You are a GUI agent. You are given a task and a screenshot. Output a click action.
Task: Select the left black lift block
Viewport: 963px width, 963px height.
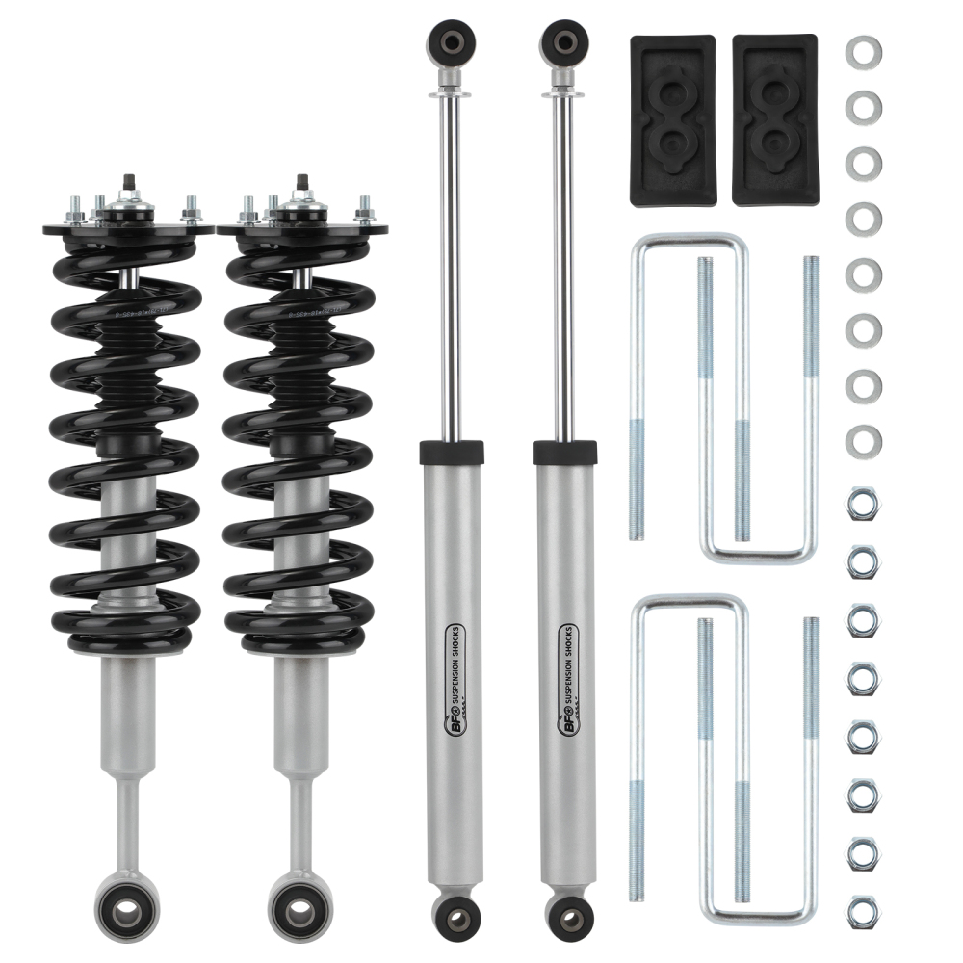(x=673, y=120)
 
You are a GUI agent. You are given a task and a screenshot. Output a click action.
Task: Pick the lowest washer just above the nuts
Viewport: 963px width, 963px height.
(x=863, y=443)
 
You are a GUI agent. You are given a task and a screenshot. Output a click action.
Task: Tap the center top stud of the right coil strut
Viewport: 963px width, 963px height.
(x=300, y=181)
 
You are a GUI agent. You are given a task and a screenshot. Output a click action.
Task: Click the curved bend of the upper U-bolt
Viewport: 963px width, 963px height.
(x=689, y=241)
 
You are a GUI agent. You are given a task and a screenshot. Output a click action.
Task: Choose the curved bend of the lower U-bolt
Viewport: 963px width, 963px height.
(x=689, y=602)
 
